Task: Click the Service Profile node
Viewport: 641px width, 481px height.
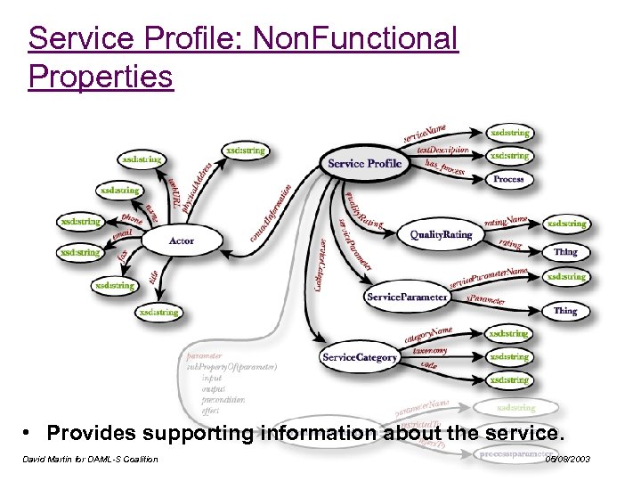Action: click(365, 163)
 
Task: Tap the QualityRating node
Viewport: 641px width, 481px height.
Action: click(441, 234)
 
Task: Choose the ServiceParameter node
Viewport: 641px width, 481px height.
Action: click(406, 297)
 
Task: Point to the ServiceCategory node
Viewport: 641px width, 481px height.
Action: click(360, 357)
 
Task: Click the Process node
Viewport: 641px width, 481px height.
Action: click(508, 179)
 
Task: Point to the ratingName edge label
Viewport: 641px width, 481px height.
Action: click(506, 220)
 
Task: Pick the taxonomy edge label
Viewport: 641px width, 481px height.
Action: click(429, 353)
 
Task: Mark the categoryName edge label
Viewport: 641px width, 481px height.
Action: click(428, 336)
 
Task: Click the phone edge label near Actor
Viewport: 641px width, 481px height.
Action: click(132, 219)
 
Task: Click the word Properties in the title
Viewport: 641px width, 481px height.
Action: click(100, 77)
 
